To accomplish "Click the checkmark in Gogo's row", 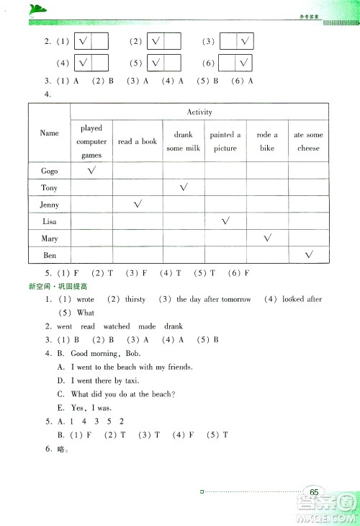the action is click(x=91, y=171).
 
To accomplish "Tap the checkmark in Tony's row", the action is click(x=184, y=187).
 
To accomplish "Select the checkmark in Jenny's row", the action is click(x=138, y=205).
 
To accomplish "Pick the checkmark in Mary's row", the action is click(x=267, y=238).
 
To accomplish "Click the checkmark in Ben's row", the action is click(x=309, y=254).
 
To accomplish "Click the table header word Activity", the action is click(x=199, y=112).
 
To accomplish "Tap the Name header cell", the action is click(x=49, y=133).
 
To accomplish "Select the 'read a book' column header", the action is click(x=138, y=142).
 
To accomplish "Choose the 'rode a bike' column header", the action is click(x=267, y=142).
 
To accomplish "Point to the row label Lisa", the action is click(x=49, y=222).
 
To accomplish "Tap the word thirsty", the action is click(x=135, y=299).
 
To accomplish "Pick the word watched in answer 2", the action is click(x=116, y=326).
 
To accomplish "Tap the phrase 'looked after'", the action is click(x=302, y=299).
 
